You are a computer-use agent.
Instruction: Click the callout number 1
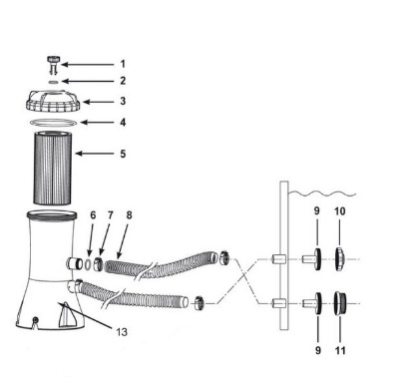pyautogui.click(x=123, y=64)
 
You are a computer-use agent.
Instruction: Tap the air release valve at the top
pyautogui.click(x=53, y=65)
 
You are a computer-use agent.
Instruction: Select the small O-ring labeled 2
pyautogui.click(x=53, y=82)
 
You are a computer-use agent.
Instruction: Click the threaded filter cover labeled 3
pyautogui.click(x=53, y=101)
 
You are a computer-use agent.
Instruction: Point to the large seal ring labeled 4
pyautogui.click(x=53, y=123)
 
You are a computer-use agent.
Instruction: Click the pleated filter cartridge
pyautogui.click(x=53, y=168)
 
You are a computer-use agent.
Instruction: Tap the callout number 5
pyautogui.click(x=123, y=154)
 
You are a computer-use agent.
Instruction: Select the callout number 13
pyautogui.click(x=122, y=332)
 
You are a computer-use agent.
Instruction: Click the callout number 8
pyautogui.click(x=129, y=215)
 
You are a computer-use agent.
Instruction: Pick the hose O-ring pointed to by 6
pyautogui.click(x=88, y=264)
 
